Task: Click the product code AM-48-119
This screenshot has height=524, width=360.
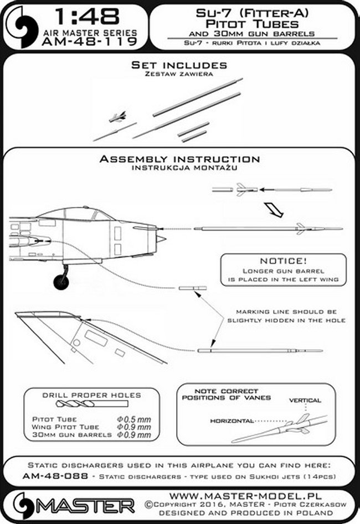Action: tap(95, 42)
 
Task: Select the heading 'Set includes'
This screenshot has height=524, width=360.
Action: tap(179, 65)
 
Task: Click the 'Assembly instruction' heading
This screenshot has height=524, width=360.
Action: tap(179, 159)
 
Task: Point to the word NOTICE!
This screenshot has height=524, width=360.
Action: tap(282, 261)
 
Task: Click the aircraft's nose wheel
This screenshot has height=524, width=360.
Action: tap(61, 281)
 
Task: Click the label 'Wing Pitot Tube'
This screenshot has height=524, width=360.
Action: tap(65, 427)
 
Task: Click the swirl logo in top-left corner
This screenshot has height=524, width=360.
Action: tap(22, 24)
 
